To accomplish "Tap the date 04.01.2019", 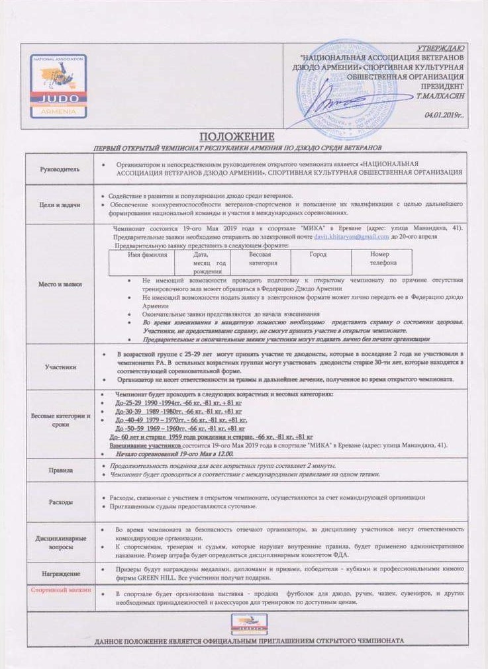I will tap(444, 114).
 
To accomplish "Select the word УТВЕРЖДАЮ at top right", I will tap(441, 49).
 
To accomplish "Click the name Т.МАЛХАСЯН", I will tap(440, 96).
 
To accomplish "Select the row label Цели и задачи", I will tap(60, 204).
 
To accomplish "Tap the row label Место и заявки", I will tap(60, 285).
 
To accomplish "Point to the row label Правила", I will tap(60, 470).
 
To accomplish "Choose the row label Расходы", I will tap(60, 502).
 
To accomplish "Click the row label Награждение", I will tap(60, 573).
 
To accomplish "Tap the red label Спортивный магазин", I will tap(60, 589).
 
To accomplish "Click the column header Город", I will tap(318, 254).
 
